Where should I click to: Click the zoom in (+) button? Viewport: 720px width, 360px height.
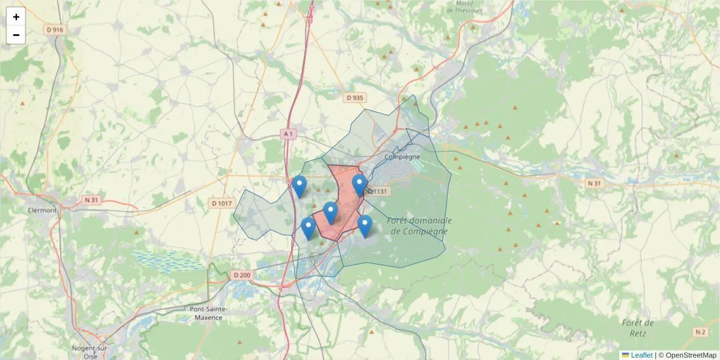(16, 17)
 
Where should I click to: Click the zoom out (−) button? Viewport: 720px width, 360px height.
(16, 35)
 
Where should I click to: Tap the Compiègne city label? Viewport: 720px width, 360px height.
(402, 157)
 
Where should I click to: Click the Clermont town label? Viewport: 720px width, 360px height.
(42, 211)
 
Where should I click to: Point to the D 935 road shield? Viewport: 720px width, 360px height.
(355, 97)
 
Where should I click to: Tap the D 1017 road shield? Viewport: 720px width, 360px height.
(222, 203)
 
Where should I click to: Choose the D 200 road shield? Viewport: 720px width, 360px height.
(241, 275)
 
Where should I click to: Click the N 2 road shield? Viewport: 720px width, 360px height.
(700, 331)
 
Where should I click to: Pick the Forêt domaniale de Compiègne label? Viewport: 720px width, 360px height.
(419, 226)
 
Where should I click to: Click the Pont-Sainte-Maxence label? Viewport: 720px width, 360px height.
(206, 313)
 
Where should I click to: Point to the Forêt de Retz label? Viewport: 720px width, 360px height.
(637, 327)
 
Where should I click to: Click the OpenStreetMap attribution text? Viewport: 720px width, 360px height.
(691, 355)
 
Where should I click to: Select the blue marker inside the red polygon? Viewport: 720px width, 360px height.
(331, 212)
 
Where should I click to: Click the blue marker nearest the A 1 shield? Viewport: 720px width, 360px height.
(299, 185)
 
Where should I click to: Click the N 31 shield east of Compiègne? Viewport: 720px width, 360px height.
(594, 183)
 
